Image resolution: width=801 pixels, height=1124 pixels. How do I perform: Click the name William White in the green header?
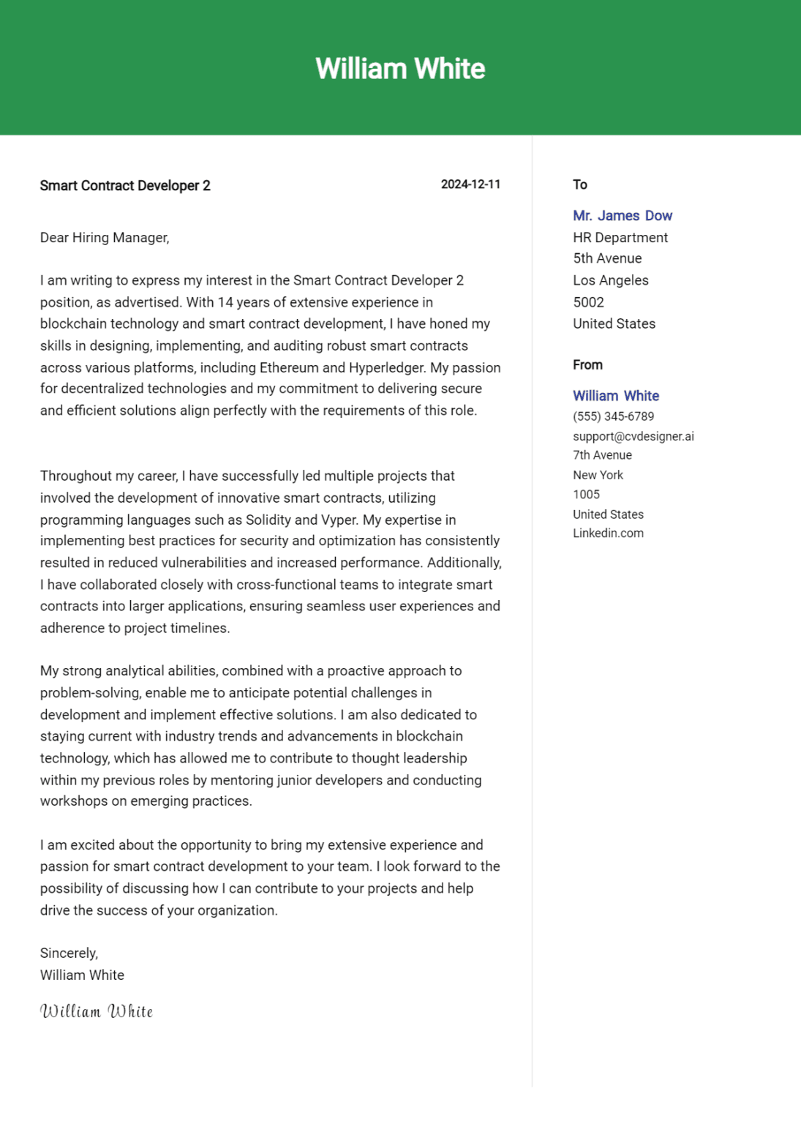tap(400, 69)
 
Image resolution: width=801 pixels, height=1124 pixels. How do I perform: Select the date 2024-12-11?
tap(470, 184)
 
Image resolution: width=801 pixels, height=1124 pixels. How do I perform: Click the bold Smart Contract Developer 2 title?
tap(125, 186)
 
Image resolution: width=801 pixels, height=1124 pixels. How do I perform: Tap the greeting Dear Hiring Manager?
tap(105, 238)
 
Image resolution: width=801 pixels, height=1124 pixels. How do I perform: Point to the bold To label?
tap(580, 184)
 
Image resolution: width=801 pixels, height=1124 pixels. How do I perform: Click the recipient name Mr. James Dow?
tap(622, 216)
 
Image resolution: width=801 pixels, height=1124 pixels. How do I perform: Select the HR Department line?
tap(620, 238)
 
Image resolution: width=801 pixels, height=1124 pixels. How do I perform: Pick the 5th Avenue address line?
tap(607, 258)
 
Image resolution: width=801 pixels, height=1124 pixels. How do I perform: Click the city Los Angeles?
tap(610, 280)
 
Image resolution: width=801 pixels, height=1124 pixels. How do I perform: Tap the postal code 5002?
tap(588, 302)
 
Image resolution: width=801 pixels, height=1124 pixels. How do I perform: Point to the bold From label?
tap(587, 365)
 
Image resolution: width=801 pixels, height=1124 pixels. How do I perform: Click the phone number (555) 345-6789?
tap(613, 416)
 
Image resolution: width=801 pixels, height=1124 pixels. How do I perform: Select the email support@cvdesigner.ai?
tap(633, 436)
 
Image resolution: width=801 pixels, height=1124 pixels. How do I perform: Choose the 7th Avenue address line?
tap(602, 455)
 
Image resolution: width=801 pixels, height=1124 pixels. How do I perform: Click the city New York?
tap(598, 475)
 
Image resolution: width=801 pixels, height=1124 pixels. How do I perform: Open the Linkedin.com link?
tap(608, 533)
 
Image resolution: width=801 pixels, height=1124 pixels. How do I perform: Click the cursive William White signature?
tap(97, 1011)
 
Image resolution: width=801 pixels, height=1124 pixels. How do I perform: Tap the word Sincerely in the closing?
tap(68, 953)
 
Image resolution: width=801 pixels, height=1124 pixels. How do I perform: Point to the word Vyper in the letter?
tap(339, 520)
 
